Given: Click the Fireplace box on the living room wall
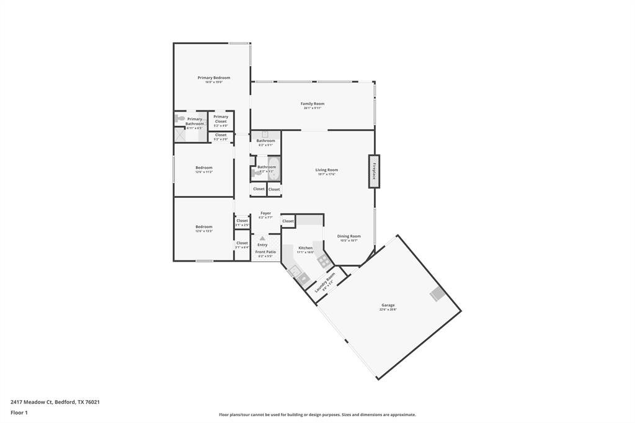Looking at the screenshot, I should (374, 171).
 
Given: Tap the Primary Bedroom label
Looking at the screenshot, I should (214, 78).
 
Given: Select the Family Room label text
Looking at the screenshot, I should (313, 104).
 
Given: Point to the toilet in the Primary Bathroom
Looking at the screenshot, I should (180, 118).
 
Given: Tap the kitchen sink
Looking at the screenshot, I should (296, 271).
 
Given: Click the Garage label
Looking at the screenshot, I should (388, 305).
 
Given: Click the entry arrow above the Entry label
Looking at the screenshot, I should (262, 238).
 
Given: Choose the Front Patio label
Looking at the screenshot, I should (265, 252).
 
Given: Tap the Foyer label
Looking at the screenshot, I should (265, 213).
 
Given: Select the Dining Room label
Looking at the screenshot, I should (349, 236).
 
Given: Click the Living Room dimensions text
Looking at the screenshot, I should (326, 174).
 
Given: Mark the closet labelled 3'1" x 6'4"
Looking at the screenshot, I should (242, 245).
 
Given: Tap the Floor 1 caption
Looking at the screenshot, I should (19, 412).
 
